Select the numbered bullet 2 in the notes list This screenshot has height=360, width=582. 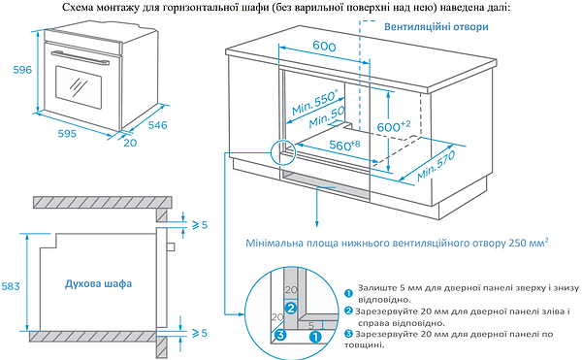pos(348,310)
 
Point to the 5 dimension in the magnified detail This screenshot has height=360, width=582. pos(299,326)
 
